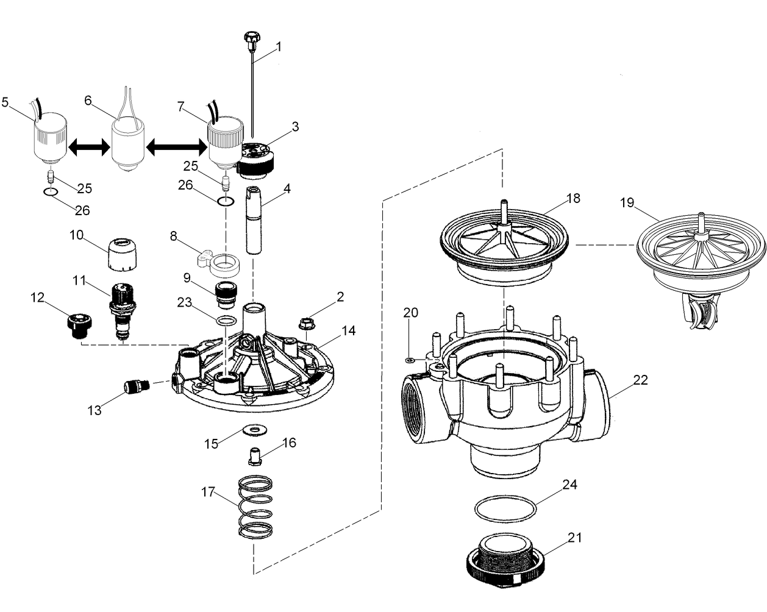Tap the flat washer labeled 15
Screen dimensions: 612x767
click(250, 430)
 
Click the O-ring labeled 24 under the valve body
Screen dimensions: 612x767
click(505, 508)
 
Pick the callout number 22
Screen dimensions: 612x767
click(640, 380)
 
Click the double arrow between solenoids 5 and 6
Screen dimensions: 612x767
click(88, 146)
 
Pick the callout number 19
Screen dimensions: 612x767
click(628, 204)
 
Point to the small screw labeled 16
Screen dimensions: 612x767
click(255, 454)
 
